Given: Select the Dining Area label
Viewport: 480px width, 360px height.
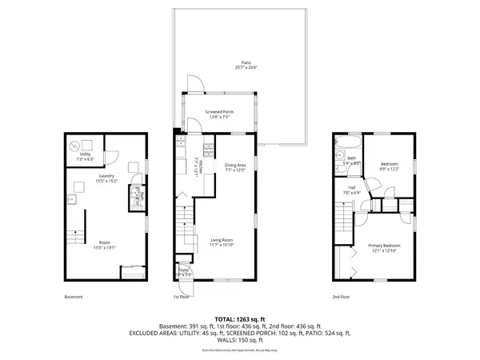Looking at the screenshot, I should (235, 165).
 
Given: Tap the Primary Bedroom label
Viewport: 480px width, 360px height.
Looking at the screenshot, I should (384, 245).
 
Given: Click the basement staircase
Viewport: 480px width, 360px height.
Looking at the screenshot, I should (77, 237).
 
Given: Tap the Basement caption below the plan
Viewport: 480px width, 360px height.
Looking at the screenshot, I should (73, 297).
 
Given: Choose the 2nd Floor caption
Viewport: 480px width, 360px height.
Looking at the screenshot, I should (342, 297).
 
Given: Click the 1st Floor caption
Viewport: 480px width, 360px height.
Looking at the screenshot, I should (181, 297).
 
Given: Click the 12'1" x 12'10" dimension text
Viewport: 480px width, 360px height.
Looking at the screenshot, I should (384, 251).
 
